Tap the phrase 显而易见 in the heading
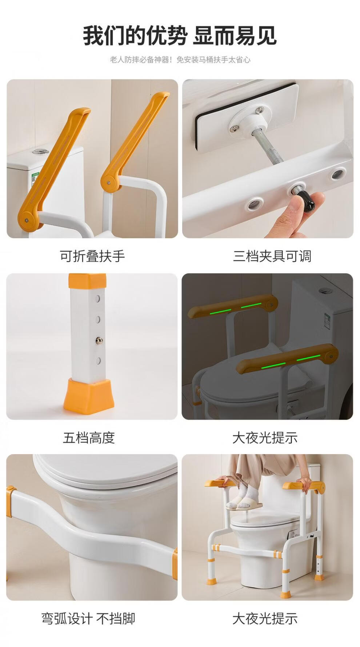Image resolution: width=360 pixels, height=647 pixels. click(x=235, y=36)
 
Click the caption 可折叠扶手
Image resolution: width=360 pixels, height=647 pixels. click(x=92, y=256)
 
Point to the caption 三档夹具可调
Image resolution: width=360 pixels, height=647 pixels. click(x=272, y=256)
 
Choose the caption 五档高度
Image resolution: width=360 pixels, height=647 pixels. click(x=89, y=438)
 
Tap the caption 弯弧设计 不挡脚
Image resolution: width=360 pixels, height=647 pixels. click(x=88, y=618)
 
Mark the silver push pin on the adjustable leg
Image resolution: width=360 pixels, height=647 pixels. click(x=98, y=340)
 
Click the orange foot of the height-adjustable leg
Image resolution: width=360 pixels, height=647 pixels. click(x=89, y=394)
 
